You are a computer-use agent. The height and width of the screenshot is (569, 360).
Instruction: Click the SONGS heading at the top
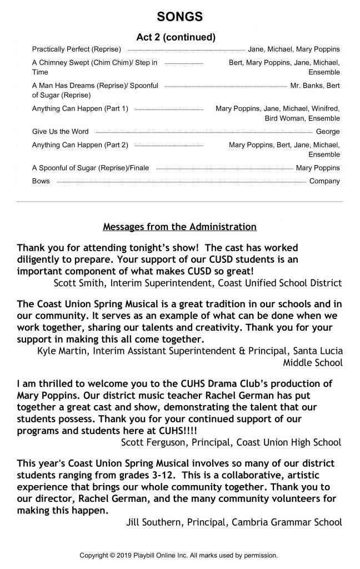(x=179, y=17)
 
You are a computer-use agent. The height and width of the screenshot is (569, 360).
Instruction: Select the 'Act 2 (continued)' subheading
(x=176, y=38)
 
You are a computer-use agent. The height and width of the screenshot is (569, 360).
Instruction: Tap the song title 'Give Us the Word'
(x=60, y=132)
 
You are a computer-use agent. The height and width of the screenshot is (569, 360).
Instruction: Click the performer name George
(x=328, y=132)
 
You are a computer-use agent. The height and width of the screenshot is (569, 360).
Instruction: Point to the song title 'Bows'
(x=41, y=181)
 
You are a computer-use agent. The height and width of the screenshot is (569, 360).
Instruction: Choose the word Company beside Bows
(x=324, y=181)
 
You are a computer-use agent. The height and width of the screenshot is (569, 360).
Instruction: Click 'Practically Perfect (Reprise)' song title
(x=76, y=49)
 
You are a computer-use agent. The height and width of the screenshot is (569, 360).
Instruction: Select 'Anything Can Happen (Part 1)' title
(x=80, y=109)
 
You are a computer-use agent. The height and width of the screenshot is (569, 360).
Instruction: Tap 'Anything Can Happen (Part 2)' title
(x=80, y=145)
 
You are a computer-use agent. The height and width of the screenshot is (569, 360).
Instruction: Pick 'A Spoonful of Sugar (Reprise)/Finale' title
(x=91, y=168)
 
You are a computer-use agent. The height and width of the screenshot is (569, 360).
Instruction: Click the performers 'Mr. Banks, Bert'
(x=315, y=86)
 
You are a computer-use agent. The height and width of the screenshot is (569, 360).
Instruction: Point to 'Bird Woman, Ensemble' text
(x=303, y=118)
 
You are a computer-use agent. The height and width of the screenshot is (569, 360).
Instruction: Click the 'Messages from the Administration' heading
(x=180, y=227)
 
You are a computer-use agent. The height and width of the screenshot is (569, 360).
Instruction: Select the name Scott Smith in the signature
(x=78, y=283)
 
